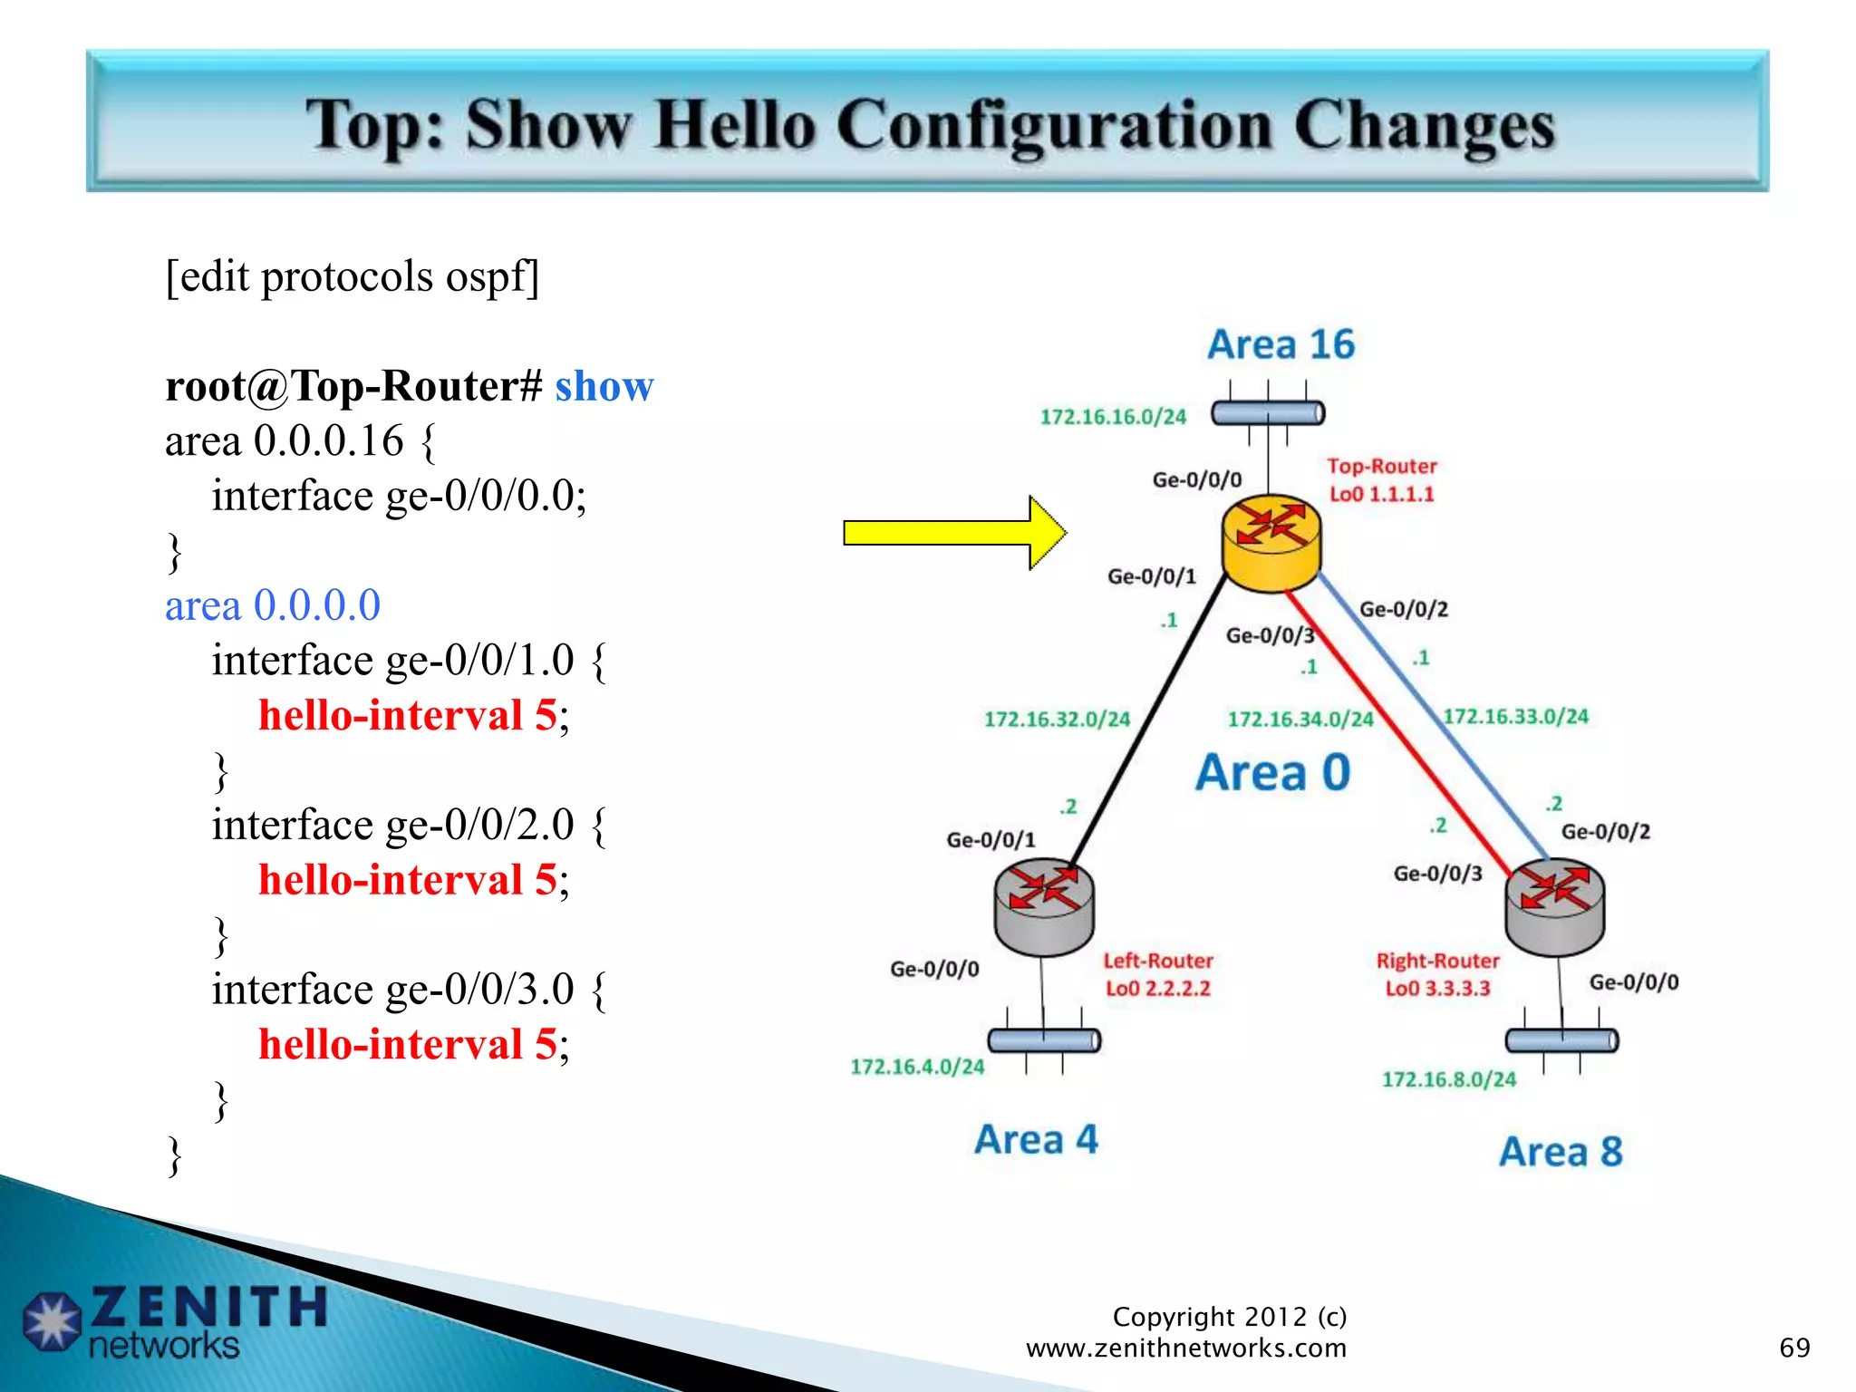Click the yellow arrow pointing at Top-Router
952,533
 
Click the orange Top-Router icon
1271,542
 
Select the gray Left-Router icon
1044,906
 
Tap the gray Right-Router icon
1554,906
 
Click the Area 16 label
1281,345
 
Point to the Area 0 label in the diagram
1272,773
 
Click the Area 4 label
1036,1139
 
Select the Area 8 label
1560,1152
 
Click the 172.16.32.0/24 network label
1057,720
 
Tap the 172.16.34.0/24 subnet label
1300,720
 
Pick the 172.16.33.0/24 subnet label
1515,717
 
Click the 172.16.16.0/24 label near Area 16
1112,417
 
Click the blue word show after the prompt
604,387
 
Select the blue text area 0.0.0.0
273,605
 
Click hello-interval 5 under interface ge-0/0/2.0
408,880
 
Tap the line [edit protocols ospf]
352,276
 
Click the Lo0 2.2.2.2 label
1157,989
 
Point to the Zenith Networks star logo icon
52,1320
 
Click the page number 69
1793,1348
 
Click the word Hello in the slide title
735,125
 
